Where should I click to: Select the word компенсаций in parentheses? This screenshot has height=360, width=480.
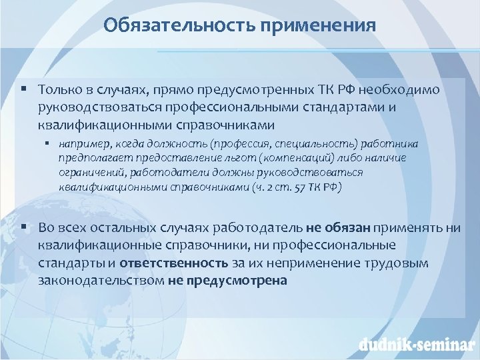[293, 158]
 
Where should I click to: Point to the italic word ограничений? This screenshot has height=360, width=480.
[89, 173]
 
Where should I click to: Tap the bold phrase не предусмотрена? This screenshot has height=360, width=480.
[228, 280]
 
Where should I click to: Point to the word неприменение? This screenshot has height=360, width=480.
[323, 263]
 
